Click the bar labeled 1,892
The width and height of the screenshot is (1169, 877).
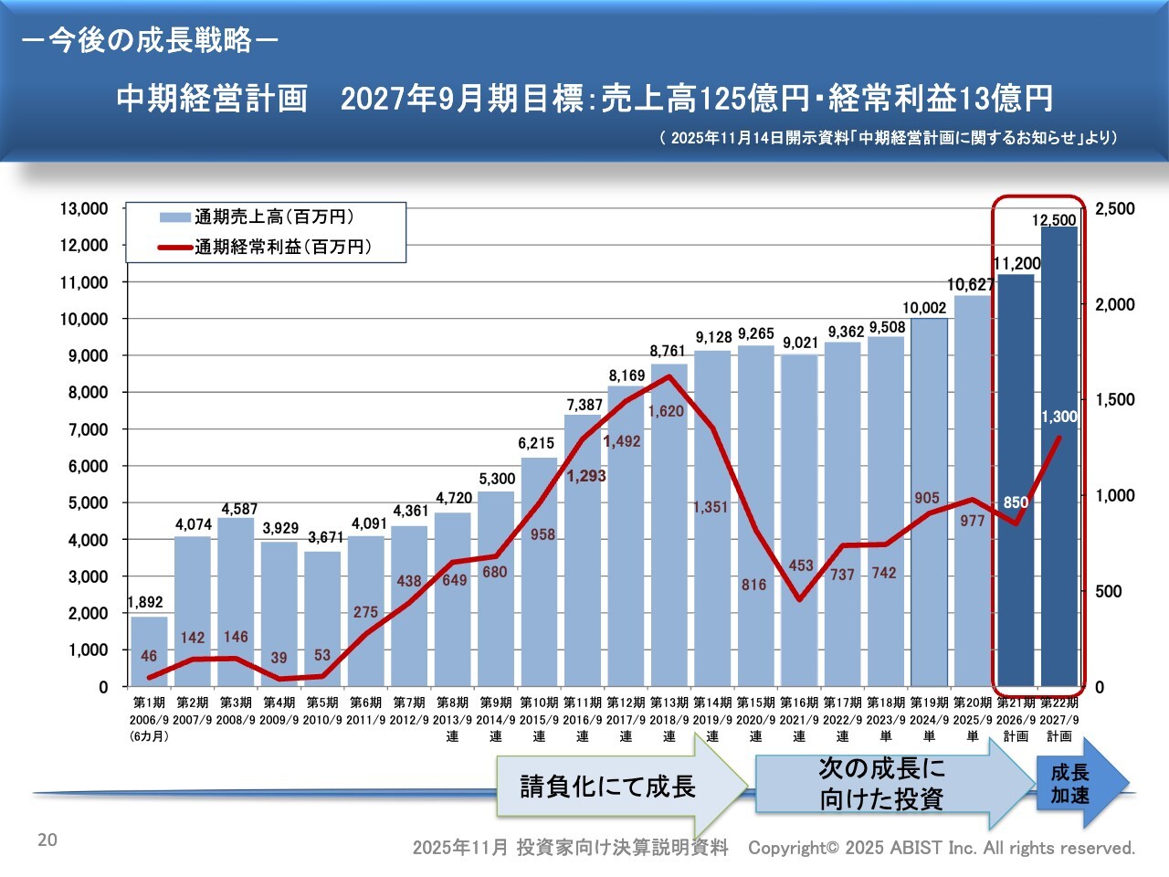149,653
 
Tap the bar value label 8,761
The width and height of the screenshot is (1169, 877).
668,351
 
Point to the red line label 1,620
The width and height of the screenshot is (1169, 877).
666,411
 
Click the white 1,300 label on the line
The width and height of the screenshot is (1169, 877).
1059,417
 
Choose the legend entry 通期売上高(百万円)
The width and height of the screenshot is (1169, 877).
273,217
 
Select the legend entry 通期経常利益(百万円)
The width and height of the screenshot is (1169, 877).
282,247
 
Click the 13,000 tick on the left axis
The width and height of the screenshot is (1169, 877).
84,209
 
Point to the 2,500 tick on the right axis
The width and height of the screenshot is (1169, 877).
1114,209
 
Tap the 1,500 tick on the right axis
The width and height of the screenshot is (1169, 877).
1114,400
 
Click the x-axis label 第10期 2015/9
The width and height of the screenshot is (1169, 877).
539,712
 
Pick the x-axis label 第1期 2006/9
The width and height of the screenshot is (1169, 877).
149,712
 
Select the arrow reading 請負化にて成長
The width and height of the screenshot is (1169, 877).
608,787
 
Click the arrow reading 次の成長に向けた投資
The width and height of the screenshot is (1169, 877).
881,784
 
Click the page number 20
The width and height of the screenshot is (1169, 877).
47,840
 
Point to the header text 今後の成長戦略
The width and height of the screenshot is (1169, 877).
150,40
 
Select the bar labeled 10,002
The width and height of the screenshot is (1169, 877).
929,502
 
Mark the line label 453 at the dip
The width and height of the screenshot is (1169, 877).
801,565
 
